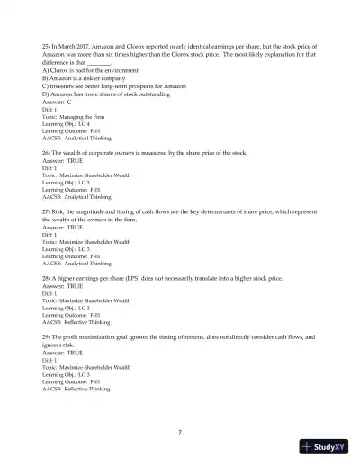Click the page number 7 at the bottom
point(180,432)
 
